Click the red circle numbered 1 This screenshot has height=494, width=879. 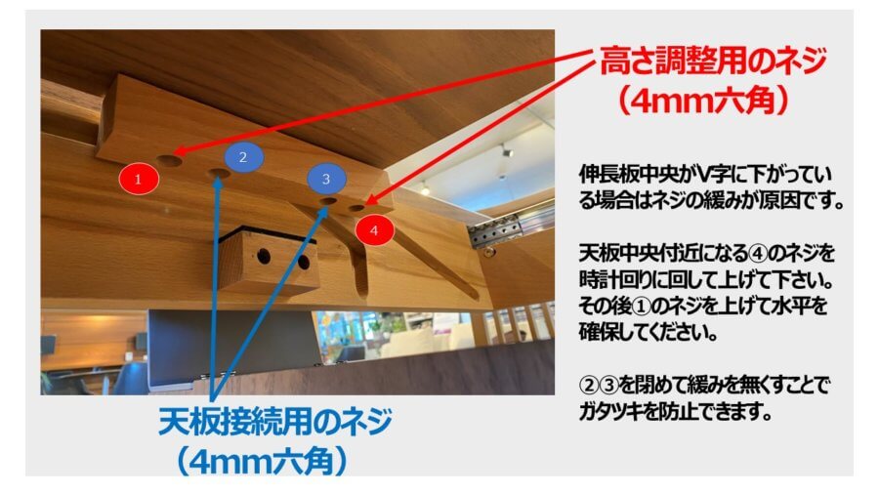[x=139, y=179]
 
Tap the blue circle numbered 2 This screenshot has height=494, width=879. [x=243, y=157]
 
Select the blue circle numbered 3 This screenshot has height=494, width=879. [x=326, y=179]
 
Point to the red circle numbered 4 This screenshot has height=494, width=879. [x=374, y=229]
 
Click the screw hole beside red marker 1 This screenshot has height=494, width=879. [x=169, y=161]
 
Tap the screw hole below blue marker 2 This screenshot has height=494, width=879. [x=219, y=174]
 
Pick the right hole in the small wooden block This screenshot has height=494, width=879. [x=304, y=262]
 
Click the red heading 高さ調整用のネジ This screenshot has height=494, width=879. [x=713, y=62]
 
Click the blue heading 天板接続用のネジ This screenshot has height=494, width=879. [x=275, y=421]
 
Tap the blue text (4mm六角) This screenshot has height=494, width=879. [x=261, y=462]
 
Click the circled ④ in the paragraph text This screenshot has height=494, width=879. [x=757, y=254]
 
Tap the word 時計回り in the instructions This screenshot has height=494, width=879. [x=615, y=280]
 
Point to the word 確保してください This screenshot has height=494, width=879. [x=649, y=333]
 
